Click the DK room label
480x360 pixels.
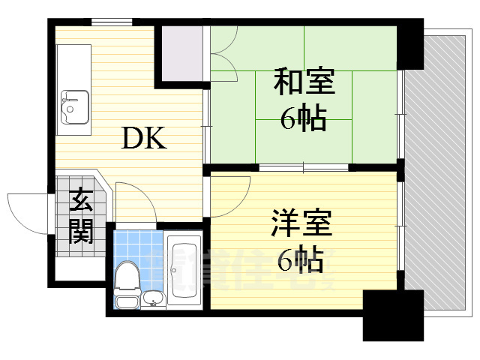pyautogui.click(x=143, y=138)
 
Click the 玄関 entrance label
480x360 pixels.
pyautogui.click(x=80, y=217)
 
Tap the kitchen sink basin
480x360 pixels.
pyautogui.click(x=73, y=106)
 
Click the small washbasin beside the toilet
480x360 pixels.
pyautogui.click(x=153, y=298)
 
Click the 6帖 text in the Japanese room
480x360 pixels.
pyautogui.click(x=303, y=118)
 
